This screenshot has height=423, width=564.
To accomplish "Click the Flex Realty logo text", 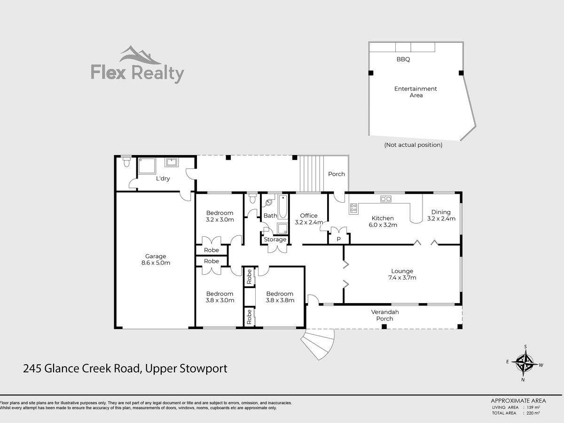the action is [x=137, y=74].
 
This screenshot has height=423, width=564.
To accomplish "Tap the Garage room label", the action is [x=156, y=256].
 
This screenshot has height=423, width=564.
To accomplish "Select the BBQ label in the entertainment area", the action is [x=403, y=59].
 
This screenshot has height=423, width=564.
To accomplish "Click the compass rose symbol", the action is [x=525, y=363].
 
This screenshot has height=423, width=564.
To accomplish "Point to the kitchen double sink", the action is [x=386, y=198].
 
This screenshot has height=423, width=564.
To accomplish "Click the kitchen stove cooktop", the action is [x=353, y=208].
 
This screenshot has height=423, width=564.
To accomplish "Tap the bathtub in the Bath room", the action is [x=282, y=206].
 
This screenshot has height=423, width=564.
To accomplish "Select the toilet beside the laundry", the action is [x=126, y=161].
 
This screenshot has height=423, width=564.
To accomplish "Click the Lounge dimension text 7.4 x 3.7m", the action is [x=402, y=278].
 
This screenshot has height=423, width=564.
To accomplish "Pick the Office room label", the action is [x=309, y=215].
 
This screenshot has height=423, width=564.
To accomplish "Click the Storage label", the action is [x=275, y=239].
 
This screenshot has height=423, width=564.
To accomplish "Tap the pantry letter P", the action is [x=339, y=239].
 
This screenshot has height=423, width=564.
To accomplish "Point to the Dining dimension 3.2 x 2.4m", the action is [x=441, y=219].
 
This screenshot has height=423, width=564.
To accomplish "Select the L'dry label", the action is [x=163, y=179].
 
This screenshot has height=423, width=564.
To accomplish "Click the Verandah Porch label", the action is [x=384, y=315].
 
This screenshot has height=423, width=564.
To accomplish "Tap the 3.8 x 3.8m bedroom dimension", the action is [x=280, y=300].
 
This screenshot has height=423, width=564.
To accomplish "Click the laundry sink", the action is [x=172, y=162].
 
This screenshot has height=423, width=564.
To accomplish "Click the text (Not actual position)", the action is [x=413, y=145].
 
